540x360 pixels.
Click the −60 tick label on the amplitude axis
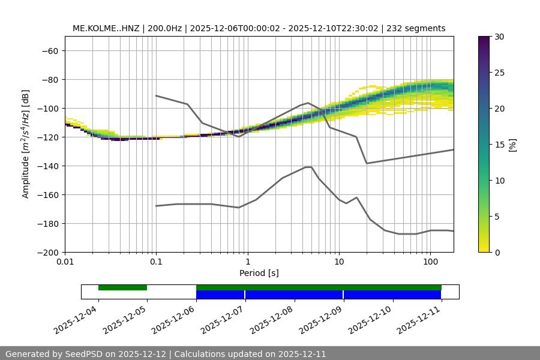pyautogui.click(x=49, y=50)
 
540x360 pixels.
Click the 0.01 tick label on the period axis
pyautogui.click(x=65, y=262)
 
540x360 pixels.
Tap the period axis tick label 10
pyautogui.click(x=339, y=262)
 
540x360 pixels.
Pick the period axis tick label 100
pyautogui.click(x=430, y=262)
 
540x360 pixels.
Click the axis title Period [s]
pyautogui.click(x=259, y=273)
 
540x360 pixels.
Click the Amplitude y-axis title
pyautogui.click(x=26, y=144)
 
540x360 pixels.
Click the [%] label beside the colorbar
pyautogui.click(x=513, y=144)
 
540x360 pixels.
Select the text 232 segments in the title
pyautogui.click(x=416, y=28)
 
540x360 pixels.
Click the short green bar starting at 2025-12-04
pyautogui.click(x=122, y=287)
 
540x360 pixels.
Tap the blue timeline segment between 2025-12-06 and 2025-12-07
pyautogui.click(x=220, y=295)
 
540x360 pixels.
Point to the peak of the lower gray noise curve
pyautogui.click(x=308, y=167)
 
